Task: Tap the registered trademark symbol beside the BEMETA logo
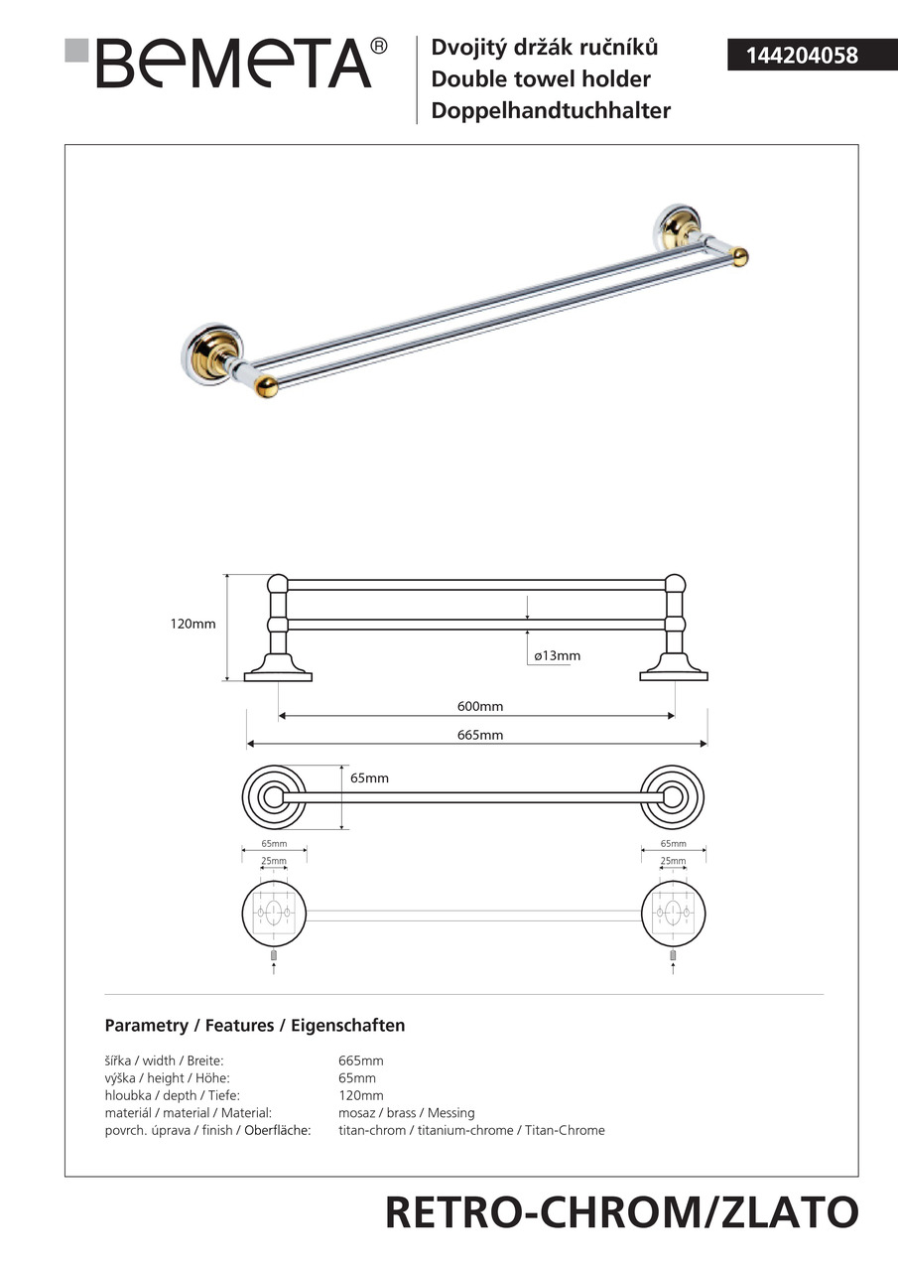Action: (x=378, y=47)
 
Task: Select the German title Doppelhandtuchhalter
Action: (x=551, y=110)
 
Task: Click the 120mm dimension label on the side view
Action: (x=192, y=625)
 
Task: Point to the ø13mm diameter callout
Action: (x=556, y=655)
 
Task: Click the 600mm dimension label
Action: (x=479, y=706)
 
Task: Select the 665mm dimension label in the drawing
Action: (x=479, y=735)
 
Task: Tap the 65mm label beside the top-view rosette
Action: (x=369, y=778)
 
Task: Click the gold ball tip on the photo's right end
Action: (x=738, y=257)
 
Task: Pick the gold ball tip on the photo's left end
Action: (x=266, y=386)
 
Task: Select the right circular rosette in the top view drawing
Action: (x=672, y=796)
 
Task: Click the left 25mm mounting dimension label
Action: (x=273, y=861)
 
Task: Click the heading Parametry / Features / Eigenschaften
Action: (x=255, y=1026)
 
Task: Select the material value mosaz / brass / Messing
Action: (x=407, y=1113)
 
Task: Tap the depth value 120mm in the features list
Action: (x=361, y=1095)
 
